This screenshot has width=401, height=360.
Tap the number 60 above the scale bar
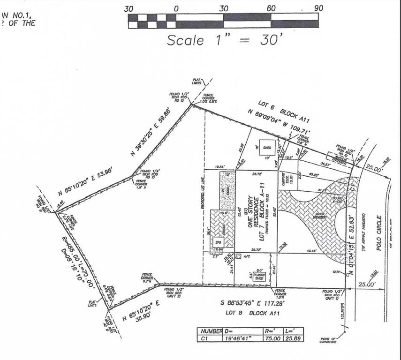pos(271,8)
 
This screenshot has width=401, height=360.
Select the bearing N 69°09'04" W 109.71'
pos(278,121)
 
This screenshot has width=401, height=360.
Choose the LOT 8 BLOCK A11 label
pos(256,312)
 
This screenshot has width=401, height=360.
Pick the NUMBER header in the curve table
pos(210,330)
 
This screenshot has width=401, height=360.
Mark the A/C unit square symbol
pos(238,256)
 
